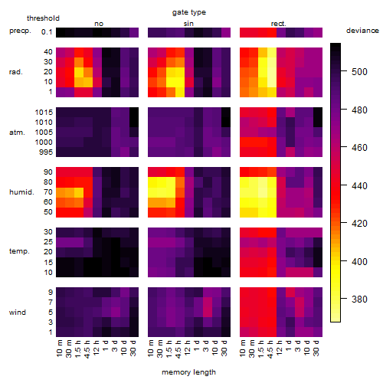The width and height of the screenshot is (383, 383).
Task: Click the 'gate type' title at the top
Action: click(x=189, y=12)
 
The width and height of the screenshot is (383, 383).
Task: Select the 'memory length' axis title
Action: click(x=188, y=372)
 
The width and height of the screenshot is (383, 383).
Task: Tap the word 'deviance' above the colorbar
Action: click(x=362, y=31)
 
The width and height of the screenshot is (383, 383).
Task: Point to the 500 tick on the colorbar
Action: click(x=344, y=71)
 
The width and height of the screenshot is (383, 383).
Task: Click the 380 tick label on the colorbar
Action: click(x=359, y=299)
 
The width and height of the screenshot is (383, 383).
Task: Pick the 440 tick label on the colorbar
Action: click(x=359, y=185)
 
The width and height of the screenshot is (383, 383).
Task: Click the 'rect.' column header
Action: click(x=278, y=24)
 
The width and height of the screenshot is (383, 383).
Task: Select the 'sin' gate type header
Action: click(x=188, y=24)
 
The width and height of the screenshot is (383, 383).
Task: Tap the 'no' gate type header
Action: click(x=99, y=24)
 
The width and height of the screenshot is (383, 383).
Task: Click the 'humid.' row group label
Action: click(x=21, y=192)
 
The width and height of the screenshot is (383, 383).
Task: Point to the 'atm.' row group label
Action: click(x=17, y=133)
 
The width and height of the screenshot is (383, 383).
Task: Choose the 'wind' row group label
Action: click(x=18, y=313)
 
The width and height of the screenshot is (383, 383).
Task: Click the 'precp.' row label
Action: click(x=20, y=31)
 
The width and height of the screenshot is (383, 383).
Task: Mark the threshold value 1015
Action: click(x=44, y=113)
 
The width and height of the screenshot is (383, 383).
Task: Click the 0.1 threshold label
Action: click(x=47, y=32)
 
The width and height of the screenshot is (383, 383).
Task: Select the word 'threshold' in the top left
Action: click(x=43, y=18)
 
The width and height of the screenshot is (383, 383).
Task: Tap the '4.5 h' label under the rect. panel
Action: click(x=270, y=349)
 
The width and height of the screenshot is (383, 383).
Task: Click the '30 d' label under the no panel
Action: click(x=133, y=348)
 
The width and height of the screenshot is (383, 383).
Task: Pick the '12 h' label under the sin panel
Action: click(x=188, y=348)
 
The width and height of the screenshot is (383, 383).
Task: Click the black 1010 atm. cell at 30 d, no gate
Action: click(x=134, y=123)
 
